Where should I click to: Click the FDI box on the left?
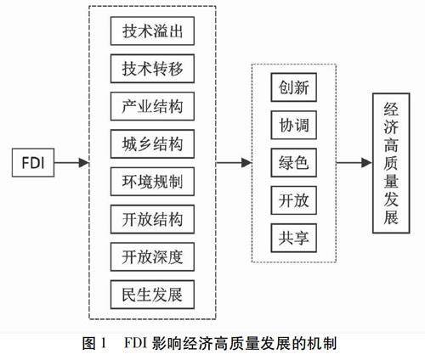click(x=33, y=163)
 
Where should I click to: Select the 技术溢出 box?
click(x=152, y=31)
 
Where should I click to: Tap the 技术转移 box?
click(x=152, y=69)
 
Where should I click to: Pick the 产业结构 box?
click(x=152, y=106)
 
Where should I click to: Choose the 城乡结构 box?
click(x=152, y=144)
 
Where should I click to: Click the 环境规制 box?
click(x=152, y=182)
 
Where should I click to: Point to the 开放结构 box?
click(x=152, y=219)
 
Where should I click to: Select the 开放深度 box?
click(x=152, y=257)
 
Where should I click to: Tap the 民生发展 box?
click(x=152, y=295)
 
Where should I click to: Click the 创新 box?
click(x=294, y=87)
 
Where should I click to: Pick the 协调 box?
click(x=294, y=125)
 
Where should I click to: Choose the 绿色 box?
click(x=294, y=163)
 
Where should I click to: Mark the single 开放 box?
click(x=294, y=200)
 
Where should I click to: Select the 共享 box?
click(x=294, y=238)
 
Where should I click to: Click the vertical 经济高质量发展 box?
click(x=391, y=163)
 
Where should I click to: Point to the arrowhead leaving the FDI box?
click(x=83, y=163)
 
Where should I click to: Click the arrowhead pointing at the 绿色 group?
click(x=246, y=163)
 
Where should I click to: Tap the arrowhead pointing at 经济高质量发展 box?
click(x=367, y=163)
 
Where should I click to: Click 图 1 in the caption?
click(x=94, y=343)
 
